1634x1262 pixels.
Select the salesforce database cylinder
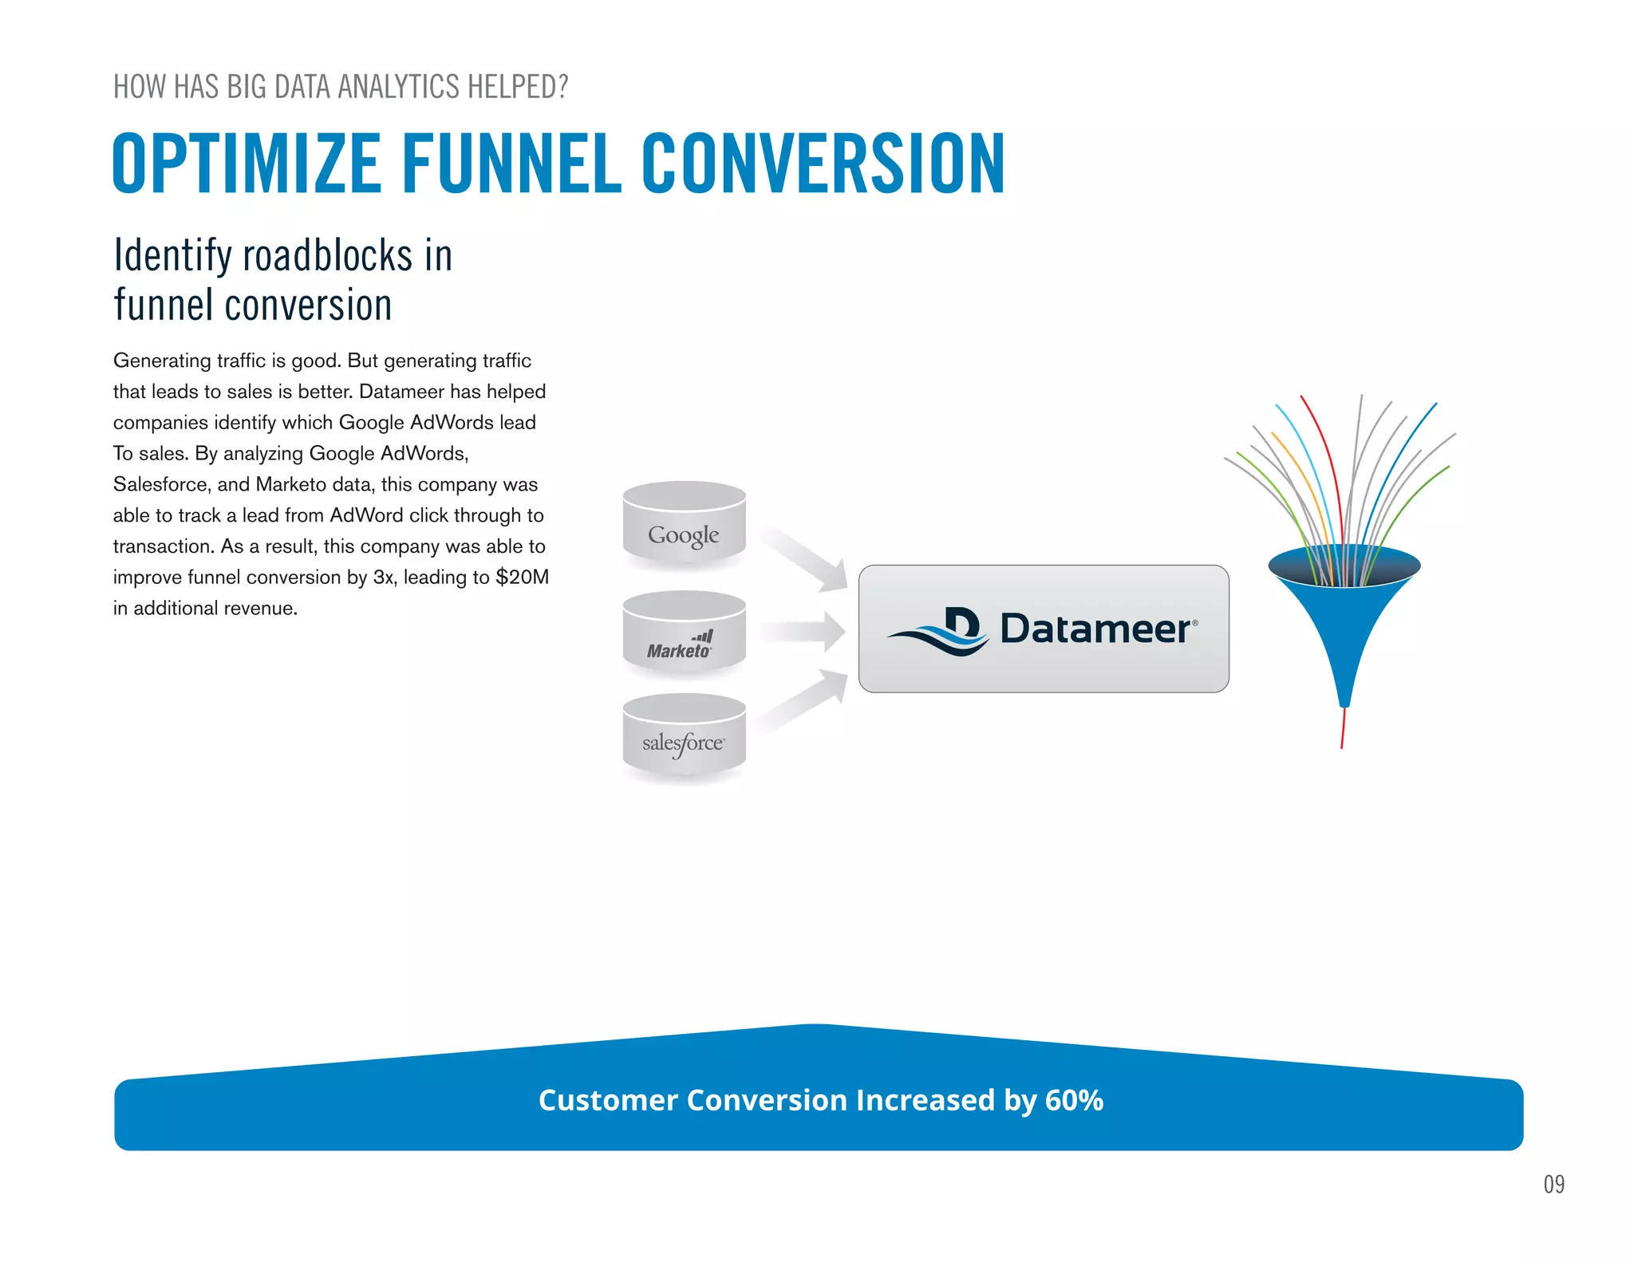684,738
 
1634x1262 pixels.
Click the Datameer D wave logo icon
941,630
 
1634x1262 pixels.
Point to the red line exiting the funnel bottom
1343,730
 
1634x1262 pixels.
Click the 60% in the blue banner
1074,1100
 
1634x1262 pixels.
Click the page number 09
1553,1184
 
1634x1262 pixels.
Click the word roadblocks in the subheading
327,255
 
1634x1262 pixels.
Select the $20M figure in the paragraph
522,577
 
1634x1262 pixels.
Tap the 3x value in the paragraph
383,577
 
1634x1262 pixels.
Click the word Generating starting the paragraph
162,361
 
